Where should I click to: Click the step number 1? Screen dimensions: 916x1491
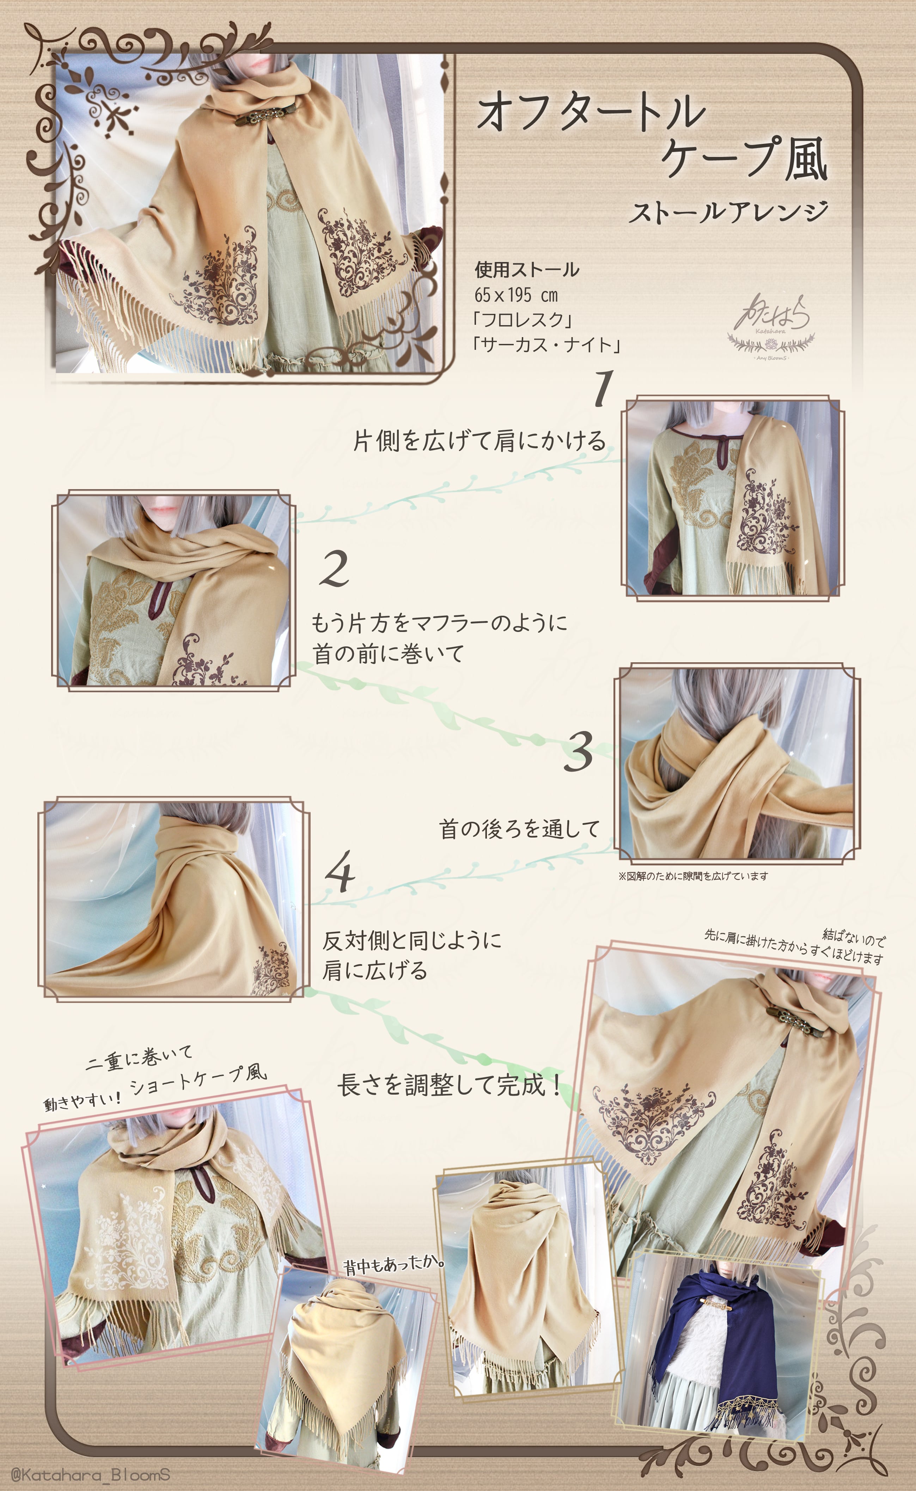tap(603, 388)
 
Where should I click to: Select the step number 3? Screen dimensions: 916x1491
tap(579, 751)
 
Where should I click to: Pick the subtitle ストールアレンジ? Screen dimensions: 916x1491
tap(728, 212)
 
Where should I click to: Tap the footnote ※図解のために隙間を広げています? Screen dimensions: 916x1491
tap(693, 876)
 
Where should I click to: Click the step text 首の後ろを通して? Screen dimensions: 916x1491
tap(519, 829)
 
